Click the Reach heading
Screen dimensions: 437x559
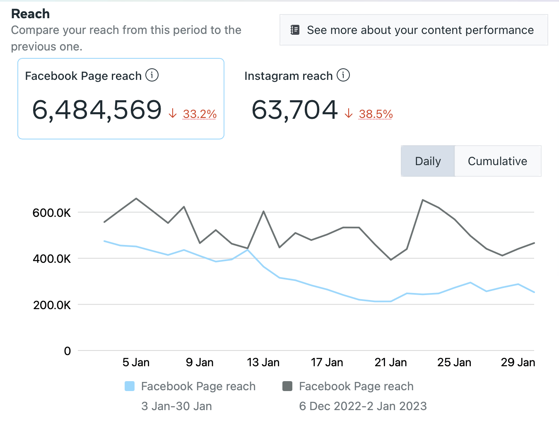coord(30,14)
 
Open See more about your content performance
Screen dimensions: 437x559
coord(414,30)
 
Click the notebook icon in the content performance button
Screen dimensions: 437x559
coord(295,30)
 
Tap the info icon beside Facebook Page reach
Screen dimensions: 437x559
coord(152,75)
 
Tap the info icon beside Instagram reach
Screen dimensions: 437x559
coord(343,75)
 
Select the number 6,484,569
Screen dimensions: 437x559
coord(97,110)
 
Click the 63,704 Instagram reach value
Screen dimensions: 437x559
coord(295,110)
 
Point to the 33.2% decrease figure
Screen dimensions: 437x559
coord(200,114)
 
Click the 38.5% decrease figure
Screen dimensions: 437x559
coord(376,114)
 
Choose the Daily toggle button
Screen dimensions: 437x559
coord(428,161)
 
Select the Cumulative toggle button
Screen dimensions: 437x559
coord(497,161)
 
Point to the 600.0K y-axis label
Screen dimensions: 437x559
coord(52,213)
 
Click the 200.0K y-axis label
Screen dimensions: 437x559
coord(52,305)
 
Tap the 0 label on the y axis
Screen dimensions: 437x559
coord(67,351)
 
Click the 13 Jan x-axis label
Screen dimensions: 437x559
coord(263,363)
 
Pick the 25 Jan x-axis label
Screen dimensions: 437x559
coord(454,363)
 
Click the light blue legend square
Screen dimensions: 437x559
coord(130,386)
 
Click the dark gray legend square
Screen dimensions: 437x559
coord(287,386)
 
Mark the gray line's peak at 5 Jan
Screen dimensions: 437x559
coord(136,199)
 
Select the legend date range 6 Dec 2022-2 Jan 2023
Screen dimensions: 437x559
coord(363,406)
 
